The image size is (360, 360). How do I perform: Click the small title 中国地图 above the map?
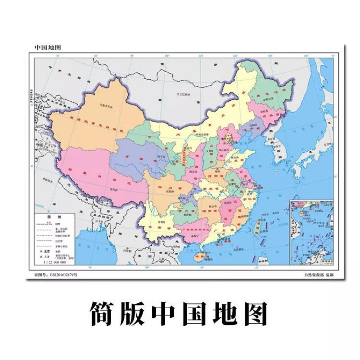pos(48,47)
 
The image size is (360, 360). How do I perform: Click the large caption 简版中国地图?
pos(180,312)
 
